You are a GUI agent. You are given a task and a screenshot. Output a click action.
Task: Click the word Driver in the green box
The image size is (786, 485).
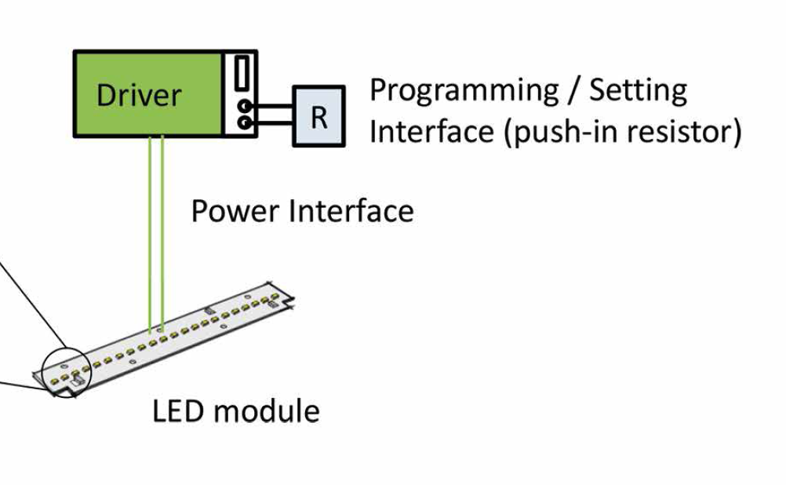(x=138, y=95)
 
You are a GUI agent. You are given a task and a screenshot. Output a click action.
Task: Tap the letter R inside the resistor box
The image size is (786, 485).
(x=318, y=117)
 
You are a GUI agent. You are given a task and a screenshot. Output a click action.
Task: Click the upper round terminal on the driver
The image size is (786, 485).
(x=246, y=105)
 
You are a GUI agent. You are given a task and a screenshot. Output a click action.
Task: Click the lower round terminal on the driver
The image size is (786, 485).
(x=246, y=122)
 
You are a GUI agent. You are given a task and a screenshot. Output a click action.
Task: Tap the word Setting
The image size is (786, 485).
(x=638, y=91)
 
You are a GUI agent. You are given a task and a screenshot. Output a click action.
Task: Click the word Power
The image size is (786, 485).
(x=235, y=211)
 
